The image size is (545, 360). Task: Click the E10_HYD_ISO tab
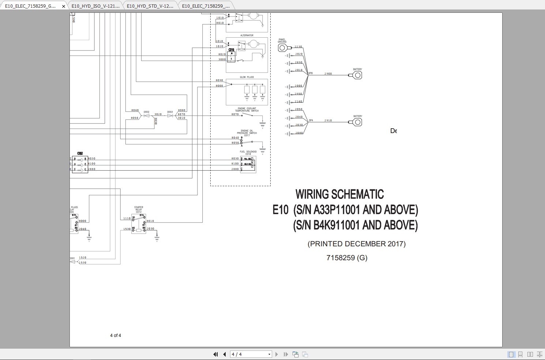(95, 6)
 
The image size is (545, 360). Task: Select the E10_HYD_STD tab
(150, 6)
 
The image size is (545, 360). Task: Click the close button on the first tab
(64, 6)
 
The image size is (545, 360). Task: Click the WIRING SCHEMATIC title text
(339, 194)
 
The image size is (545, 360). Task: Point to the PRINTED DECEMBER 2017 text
(356, 244)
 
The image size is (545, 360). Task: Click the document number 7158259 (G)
(347, 258)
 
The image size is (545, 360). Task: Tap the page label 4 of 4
(116, 336)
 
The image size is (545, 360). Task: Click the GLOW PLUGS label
(247, 77)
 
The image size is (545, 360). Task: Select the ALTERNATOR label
(247, 35)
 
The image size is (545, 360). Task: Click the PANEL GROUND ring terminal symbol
(283, 48)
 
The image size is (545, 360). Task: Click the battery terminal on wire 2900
(357, 75)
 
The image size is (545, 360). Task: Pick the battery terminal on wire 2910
(357, 122)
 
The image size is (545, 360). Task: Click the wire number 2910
(328, 120)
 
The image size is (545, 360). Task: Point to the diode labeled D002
(146, 115)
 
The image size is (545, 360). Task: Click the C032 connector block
(80, 164)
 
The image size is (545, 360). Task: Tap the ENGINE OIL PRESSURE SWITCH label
(247, 133)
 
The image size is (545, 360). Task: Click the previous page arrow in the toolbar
(225, 354)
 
